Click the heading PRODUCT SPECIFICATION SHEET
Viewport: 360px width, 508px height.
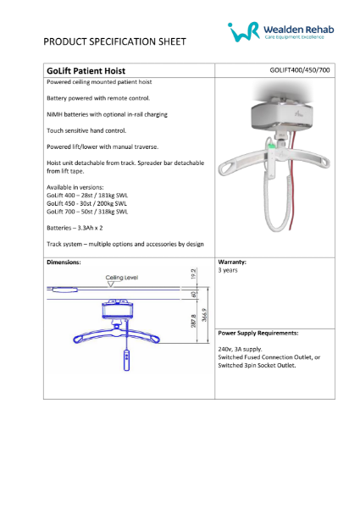[115, 41]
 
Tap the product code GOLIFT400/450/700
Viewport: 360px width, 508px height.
[300, 72]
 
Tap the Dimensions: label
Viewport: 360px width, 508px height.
[64, 262]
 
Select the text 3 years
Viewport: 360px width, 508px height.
[229, 271]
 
